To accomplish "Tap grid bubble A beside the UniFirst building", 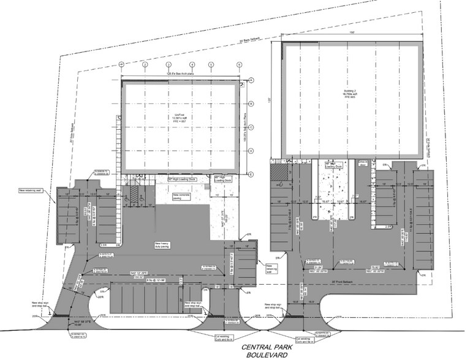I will click(x=251, y=80).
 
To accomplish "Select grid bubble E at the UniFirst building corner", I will click(x=251, y=174).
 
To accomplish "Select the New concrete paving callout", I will click(x=180, y=197).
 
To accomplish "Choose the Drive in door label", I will click(x=363, y=163).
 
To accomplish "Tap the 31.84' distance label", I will click(x=319, y=268).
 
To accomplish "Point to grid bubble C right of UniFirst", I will click(x=251, y=127).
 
